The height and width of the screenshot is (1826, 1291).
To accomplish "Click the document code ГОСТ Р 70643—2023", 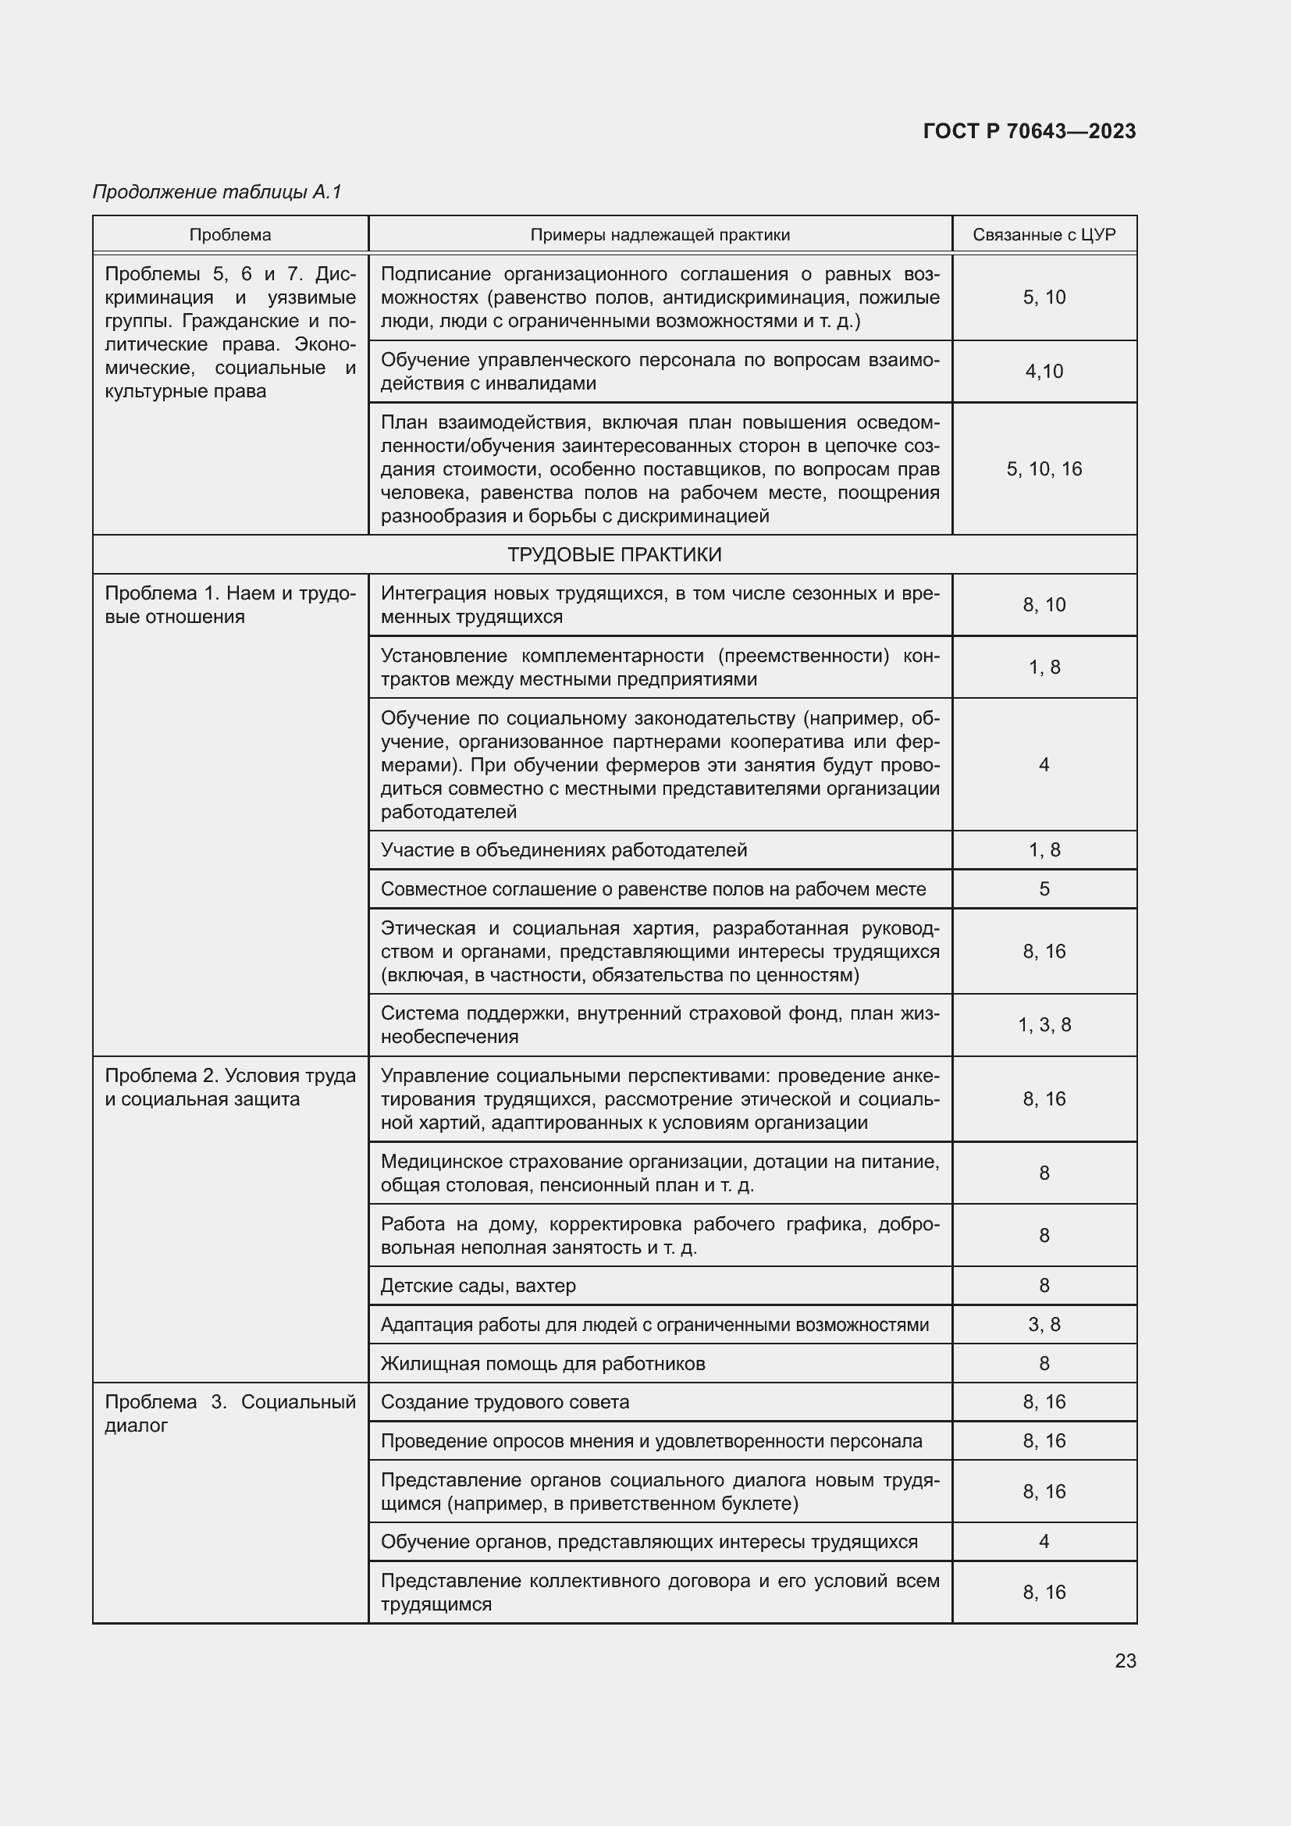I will click(x=1029, y=131).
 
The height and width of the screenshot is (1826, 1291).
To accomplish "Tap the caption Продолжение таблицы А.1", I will click(x=216, y=192).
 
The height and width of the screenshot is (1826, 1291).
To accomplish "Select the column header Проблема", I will click(x=229, y=235).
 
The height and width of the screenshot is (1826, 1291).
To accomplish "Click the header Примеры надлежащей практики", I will click(x=660, y=235).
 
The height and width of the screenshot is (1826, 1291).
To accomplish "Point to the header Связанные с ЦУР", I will click(x=1044, y=235).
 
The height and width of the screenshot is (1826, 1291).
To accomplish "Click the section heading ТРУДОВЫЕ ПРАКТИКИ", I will click(x=613, y=554).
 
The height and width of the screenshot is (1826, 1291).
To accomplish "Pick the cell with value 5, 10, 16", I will click(x=1044, y=469).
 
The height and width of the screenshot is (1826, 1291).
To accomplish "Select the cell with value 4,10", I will click(x=1044, y=372).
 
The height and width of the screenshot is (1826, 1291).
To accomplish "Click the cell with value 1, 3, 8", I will click(x=1044, y=1025).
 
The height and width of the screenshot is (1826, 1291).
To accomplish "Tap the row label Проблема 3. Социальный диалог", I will click(x=229, y=1413).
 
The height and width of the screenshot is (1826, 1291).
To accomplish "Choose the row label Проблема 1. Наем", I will click(x=229, y=605).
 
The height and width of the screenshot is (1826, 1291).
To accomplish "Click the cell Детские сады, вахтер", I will click(x=478, y=1286).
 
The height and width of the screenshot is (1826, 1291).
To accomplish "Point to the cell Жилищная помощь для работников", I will click(x=543, y=1364).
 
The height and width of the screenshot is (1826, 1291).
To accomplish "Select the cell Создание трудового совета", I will click(x=505, y=1402).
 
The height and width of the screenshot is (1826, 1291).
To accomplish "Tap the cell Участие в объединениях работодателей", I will click(x=564, y=850).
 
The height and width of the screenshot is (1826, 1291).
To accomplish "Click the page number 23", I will click(x=1125, y=1660).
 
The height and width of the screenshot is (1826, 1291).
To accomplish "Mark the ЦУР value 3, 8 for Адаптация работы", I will click(x=1044, y=1325).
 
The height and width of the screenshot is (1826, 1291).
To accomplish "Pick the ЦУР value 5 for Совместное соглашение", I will click(x=1044, y=889).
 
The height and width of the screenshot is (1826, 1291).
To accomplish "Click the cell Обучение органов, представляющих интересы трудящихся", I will click(x=649, y=1542).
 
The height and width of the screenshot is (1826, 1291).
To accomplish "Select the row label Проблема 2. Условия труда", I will click(x=229, y=1087).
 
